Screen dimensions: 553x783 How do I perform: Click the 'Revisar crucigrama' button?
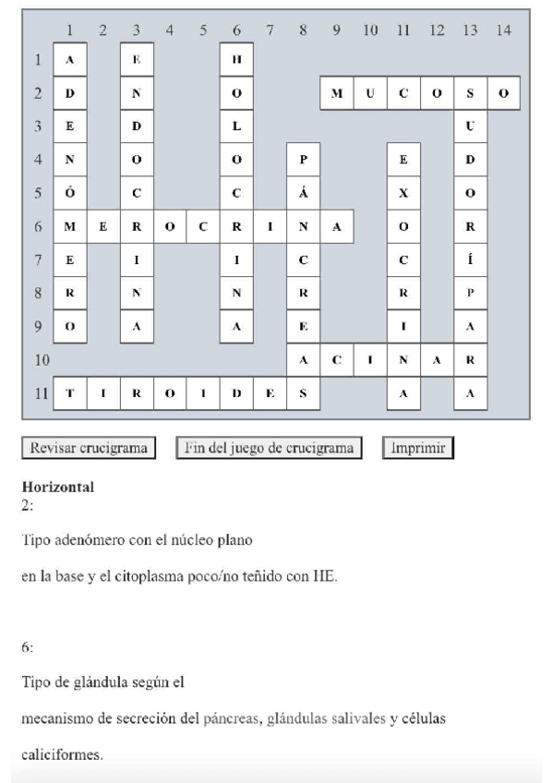point(88,449)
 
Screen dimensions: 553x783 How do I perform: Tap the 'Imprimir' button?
point(418,449)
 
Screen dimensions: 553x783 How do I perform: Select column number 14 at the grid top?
point(502,30)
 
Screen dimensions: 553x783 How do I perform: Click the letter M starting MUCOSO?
point(336,93)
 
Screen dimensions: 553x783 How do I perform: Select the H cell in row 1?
point(236,60)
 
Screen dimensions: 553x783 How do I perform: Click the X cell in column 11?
point(403,193)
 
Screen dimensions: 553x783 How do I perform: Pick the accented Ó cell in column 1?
point(70,193)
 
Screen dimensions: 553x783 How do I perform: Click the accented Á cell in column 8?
point(303,193)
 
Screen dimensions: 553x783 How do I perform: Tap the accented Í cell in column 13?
point(470,259)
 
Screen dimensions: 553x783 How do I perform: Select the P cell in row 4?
point(303,160)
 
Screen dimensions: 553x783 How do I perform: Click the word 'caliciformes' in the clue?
point(61,755)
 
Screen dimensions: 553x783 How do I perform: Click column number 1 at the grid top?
point(70,30)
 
